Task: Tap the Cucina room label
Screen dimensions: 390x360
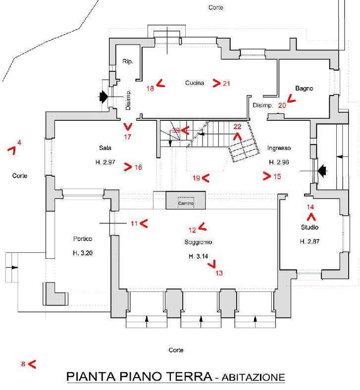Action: point(195,83)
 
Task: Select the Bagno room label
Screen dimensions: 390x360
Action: point(304,89)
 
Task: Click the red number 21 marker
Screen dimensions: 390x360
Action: point(226,83)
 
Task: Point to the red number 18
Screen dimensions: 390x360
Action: point(151,89)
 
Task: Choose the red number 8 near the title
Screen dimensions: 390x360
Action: point(23,364)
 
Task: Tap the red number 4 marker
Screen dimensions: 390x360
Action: point(19,143)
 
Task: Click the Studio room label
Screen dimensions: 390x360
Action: point(309,228)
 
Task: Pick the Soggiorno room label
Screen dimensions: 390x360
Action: point(198,243)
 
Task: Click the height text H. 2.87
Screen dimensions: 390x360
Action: point(309,242)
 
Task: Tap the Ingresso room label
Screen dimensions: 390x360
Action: point(279,148)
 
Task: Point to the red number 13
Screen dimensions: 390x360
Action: point(219,273)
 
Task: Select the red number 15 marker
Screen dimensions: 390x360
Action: point(277,176)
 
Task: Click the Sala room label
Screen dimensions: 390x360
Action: point(104,148)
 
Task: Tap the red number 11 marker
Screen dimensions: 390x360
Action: point(134,224)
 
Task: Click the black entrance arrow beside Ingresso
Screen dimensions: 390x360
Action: point(322,171)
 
